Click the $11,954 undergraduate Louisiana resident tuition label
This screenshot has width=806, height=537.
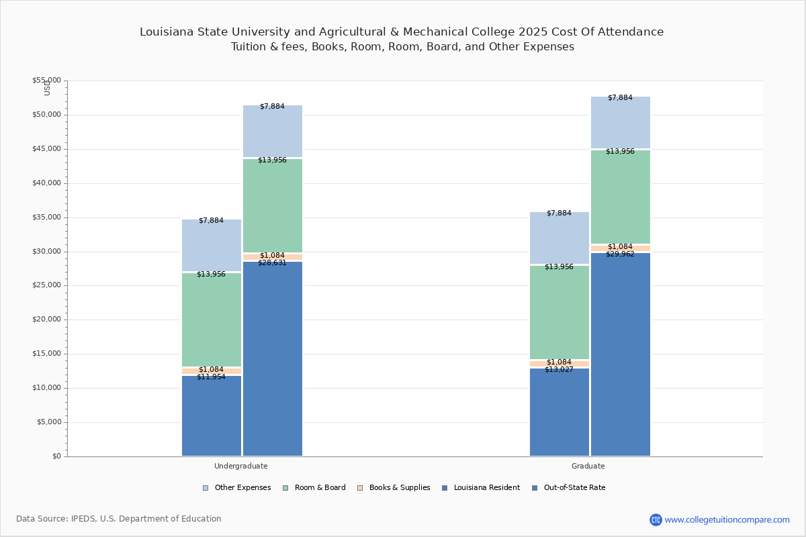(211, 377)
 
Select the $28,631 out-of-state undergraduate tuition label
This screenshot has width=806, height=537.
(272, 263)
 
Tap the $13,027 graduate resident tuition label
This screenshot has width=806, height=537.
(559, 370)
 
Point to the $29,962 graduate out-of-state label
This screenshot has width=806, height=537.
(620, 254)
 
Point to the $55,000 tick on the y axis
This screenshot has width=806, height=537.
(46, 81)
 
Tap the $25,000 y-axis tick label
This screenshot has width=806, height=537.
(46, 285)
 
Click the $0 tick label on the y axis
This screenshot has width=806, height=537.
(56, 456)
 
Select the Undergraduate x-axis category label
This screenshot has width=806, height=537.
(240, 466)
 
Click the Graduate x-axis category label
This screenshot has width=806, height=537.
(588, 466)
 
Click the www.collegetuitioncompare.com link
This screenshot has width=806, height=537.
(727, 520)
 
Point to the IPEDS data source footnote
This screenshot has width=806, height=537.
(119, 519)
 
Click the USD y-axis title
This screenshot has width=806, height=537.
(47, 87)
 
